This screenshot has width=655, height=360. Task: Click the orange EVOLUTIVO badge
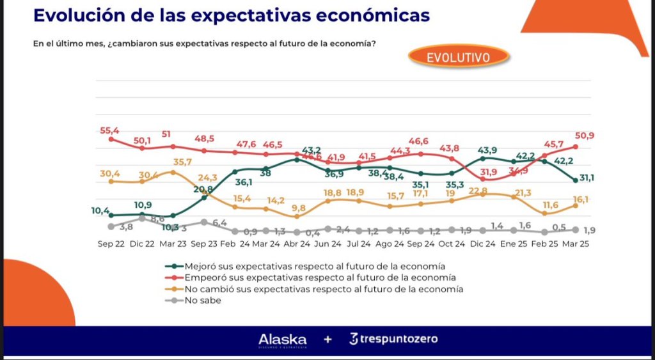(x=459, y=57)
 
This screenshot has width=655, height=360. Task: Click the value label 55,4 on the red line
(x=109, y=130)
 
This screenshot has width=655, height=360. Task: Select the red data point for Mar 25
(x=576, y=146)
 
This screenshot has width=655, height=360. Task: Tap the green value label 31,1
(x=587, y=178)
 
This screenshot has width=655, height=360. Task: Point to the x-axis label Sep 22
(x=111, y=244)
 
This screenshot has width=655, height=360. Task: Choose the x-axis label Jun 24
(x=327, y=244)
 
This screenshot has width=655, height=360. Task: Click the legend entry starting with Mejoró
(x=313, y=265)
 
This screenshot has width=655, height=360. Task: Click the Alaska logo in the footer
(x=282, y=340)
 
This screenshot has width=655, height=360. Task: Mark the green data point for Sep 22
(x=111, y=215)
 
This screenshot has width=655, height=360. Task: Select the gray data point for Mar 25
(x=576, y=230)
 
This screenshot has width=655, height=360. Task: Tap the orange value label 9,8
(x=299, y=208)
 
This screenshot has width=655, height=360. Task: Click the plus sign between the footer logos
(x=327, y=340)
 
